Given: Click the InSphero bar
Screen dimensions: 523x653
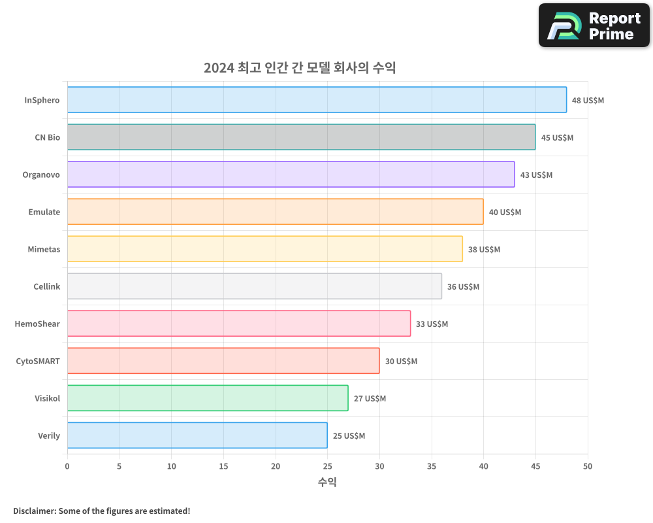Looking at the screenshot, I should pyautogui.click(x=317, y=100).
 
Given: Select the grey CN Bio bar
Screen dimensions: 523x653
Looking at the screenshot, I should pyautogui.click(x=301, y=137).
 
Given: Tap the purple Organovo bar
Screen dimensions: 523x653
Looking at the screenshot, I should pyautogui.click(x=291, y=175).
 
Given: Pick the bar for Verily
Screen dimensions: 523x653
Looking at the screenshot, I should pyautogui.click(x=197, y=435).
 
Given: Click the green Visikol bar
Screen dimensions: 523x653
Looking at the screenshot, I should pyautogui.click(x=208, y=398).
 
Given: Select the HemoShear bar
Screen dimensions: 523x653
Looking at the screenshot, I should pyautogui.click(x=239, y=324).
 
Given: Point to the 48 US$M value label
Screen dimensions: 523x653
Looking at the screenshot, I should pyautogui.click(x=588, y=101).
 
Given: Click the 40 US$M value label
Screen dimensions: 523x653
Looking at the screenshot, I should pyautogui.click(x=505, y=212).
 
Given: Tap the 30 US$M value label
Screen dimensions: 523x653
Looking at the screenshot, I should pyautogui.click(x=401, y=362).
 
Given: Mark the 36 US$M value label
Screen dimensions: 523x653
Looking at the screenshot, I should pyautogui.click(x=463, y=287).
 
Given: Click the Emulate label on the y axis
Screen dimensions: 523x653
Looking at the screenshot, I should pyautogui.click(x=44, y=212).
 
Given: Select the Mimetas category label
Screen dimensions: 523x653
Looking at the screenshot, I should pyautogui.click(x=44, y=249).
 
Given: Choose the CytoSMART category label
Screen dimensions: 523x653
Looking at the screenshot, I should pyautogui.click(x=38, y=361).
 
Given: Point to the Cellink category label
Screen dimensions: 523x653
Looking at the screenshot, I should pyautogui.click(x=46, y=286).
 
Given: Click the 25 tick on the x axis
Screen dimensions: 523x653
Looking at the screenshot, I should pyautogui.click(x=327, y=466).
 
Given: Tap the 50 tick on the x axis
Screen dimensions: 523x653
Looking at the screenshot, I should pyautogui.click(x=588, y=466).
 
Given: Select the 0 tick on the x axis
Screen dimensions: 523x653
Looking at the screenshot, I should pyautogui.click(x=67, y=466).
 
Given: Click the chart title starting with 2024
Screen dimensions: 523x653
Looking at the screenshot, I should pyautogui.click(x=300, y=68).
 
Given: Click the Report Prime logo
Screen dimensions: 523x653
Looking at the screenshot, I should pyautogui.click(x=594, y=25).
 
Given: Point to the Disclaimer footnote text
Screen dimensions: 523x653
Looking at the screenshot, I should pyautogui.click(x=102, y=511).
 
